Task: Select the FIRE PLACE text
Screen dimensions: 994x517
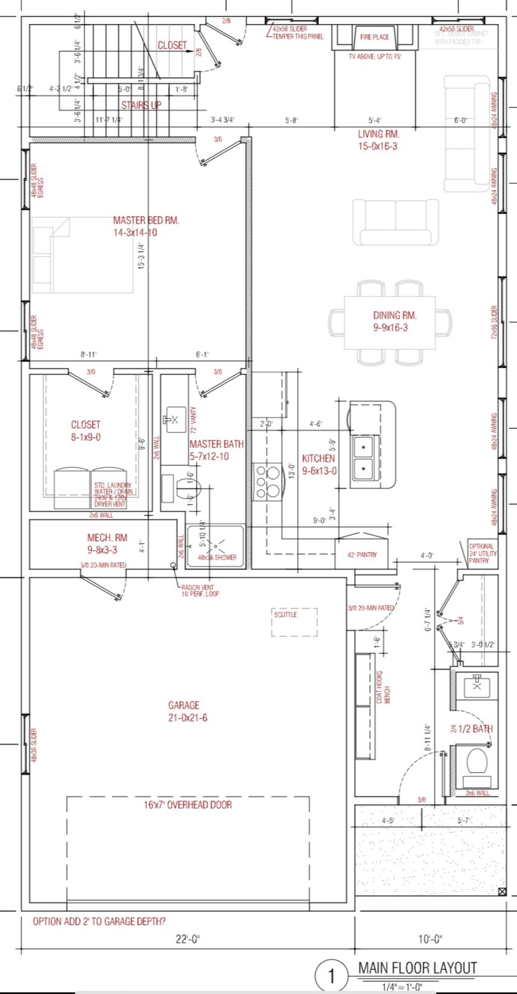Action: (x=375, y=37)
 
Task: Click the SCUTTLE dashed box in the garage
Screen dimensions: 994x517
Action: (x=294, y=622)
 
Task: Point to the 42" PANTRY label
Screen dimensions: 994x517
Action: (x=362, y=555)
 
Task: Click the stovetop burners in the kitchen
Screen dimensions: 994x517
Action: (x=268, y=481)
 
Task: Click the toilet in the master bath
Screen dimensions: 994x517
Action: (x=187, y=488)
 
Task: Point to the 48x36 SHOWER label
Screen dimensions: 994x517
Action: (x=217, y=557)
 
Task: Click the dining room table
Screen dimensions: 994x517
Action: (x=389, y=322)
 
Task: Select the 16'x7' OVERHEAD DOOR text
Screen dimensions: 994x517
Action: (x=188, y=805)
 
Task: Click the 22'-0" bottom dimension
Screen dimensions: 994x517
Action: (x=188, y=939)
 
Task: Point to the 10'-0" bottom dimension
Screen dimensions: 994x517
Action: (x=430, y=939)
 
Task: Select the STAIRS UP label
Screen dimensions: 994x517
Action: (x=141, y=105)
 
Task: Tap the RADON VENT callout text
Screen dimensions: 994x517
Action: (x=199, y=591)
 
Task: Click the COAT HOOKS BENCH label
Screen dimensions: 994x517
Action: (x=383, y=687)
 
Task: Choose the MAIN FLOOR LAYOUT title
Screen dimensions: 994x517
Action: (x=418, y=968)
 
